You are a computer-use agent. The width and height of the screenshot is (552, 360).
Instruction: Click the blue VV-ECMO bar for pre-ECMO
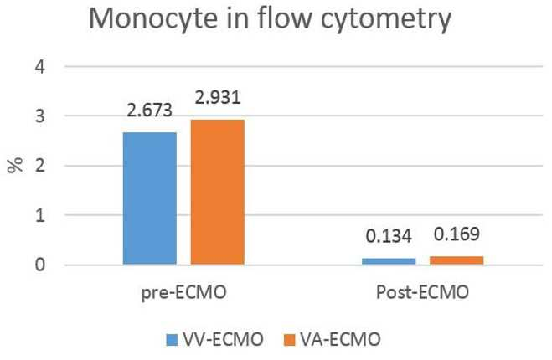pos(150,198)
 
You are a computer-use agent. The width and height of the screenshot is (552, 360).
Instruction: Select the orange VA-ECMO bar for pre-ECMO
pos(218,192)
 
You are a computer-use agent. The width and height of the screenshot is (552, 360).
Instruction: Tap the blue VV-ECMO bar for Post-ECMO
pos(389,261)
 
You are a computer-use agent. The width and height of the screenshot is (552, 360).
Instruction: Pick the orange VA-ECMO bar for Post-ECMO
pos(457,260)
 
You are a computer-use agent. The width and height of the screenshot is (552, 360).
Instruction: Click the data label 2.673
pos(150,111)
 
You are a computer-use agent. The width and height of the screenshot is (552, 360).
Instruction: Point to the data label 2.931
pos(218,97)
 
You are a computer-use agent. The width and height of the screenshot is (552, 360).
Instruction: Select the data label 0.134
pos(389,236)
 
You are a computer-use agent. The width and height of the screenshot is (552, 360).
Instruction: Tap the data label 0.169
pos(457,234)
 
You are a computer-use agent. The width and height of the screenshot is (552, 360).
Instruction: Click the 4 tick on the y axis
pos(40,66)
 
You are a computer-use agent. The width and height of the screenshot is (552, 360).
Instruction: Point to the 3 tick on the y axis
pos(40,116)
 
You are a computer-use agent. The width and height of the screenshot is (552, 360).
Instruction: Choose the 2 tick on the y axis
pos(40,166)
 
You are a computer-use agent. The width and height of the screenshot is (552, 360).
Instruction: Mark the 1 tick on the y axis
pos(40,215)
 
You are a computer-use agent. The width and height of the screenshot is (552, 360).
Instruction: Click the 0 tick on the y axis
pos(40,265)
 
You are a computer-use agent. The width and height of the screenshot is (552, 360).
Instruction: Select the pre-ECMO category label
pos(183,293)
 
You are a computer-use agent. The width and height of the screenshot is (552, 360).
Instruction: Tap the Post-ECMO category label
pos(422,292)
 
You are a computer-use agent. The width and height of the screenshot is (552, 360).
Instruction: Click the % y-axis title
pos(15,166)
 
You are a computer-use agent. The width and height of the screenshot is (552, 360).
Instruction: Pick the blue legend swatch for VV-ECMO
pos(172,340)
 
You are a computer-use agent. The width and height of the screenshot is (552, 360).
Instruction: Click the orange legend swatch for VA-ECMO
pos(289,340)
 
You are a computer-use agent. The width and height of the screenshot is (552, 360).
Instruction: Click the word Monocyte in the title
pos(153,19)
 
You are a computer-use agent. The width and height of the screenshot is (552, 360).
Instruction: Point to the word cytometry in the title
pos(386,20)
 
